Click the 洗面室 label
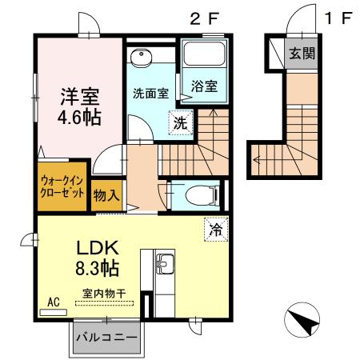[150, 92]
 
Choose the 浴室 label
[203, 87]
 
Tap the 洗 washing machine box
[180, 123]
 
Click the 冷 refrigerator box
[214, 228]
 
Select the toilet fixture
[195, 194]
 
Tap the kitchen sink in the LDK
[165, 264]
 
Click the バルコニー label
[105, 336]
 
